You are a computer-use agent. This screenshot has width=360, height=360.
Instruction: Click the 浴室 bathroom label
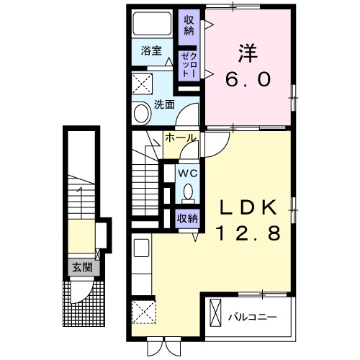(x=151, y=50)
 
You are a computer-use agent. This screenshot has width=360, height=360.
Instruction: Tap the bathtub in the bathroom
(x=152, y=23)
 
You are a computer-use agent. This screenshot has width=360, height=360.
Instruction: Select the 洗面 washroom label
(x=164, y=104)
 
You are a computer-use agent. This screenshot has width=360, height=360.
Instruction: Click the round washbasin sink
(x=142, y=113)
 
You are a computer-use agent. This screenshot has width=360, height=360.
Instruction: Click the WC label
(x=187, y=173)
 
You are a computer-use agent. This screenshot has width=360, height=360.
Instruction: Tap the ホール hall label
(x=181, y=138)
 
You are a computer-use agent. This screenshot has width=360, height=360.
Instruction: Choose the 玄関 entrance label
(x=83, y=267)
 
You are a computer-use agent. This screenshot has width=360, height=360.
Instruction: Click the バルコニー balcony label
(x=253, y=318)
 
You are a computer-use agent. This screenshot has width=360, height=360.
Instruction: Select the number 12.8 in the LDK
(x=248, y=233)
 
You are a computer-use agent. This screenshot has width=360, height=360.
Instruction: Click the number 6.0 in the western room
(x=248, y=79)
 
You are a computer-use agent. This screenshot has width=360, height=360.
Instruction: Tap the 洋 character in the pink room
(x=248, y=53)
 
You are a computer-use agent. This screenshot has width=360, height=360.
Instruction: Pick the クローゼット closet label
(x=189, y=65)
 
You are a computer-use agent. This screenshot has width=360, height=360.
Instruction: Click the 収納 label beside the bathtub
(x=189, y=26)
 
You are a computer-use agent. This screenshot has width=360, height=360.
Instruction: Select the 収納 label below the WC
(x=187, y=219)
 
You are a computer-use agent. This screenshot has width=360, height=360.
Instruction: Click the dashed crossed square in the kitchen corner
(x=144, y=312)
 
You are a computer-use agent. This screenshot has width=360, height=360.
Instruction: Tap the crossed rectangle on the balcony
(x=215, y=312)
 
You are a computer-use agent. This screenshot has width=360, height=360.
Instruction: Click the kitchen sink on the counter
(x=141, y=248)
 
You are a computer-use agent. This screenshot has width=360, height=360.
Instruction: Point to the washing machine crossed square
(x=143, y=84)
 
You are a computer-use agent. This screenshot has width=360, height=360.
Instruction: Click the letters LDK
(x=248, y=207)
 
